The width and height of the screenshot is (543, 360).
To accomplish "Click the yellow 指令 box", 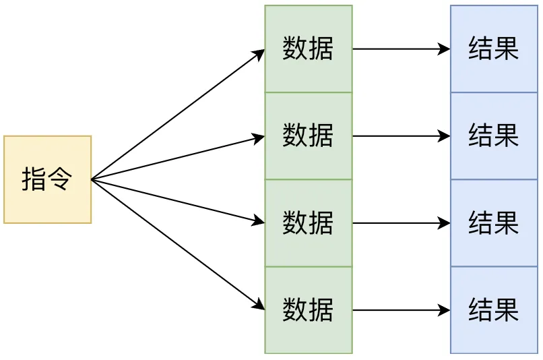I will [x=47, y=179].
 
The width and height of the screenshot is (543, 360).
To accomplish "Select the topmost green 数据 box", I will [x=308, y=49].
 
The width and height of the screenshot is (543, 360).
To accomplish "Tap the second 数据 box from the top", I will [x=308, y=136].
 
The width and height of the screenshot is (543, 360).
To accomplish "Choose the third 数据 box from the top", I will [x=308, y=223].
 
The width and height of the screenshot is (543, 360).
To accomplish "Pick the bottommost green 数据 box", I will [x=308, y=310].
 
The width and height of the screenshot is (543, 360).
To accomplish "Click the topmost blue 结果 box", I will [x=494, y=49].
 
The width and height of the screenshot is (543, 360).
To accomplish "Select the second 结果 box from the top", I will [x=494, y=136].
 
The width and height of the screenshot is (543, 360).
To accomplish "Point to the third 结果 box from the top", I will [x=494, y=223].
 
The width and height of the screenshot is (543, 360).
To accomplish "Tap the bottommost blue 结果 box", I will [x=494, y=310].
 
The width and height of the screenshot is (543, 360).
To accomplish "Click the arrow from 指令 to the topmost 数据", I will [x=178, y=115].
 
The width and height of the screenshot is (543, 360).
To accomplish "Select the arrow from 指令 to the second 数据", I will [x=178, y=158].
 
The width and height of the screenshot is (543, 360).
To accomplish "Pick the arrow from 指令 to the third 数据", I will [x=178, y=201].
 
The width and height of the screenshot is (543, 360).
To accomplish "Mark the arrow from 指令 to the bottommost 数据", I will [x=178, y=245].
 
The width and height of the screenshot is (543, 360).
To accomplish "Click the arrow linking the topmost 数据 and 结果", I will [x=401, y=49].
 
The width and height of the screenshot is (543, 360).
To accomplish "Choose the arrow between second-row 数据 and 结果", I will [x=401, y=136].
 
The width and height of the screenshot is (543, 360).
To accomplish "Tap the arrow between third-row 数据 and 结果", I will [x=401, y=223].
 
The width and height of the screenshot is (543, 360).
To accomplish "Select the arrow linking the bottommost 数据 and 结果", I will [x=401, y=310].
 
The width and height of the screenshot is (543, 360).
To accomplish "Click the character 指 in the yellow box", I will [x=34, y=179].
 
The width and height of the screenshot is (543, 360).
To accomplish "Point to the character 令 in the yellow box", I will [x=60, y=179].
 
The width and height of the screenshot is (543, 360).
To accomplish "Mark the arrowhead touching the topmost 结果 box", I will [x=444, y=49].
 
